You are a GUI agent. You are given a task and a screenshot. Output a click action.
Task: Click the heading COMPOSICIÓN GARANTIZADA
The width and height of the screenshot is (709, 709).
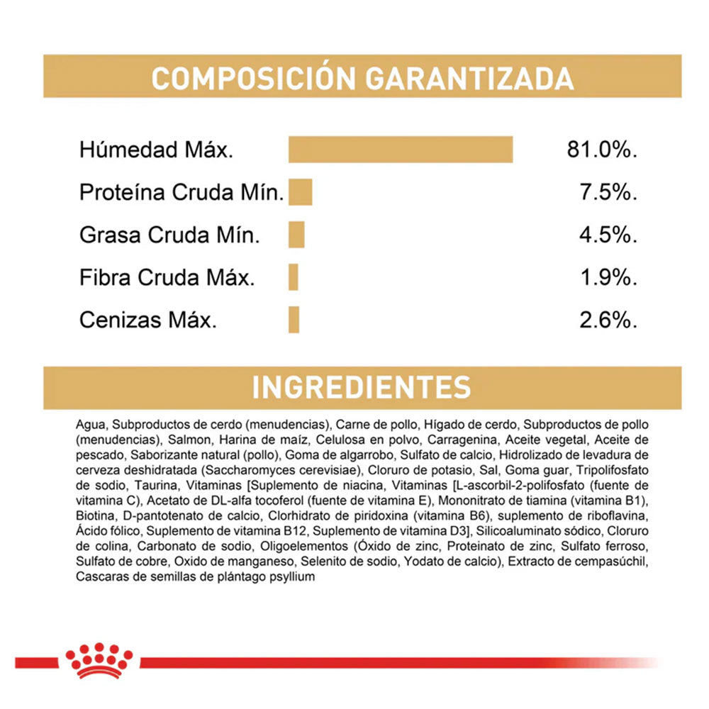(362, 78)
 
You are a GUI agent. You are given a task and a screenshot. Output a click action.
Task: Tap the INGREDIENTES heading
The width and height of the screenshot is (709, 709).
(362, 387)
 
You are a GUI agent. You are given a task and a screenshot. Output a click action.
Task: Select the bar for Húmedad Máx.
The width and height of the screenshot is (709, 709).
(401, 150)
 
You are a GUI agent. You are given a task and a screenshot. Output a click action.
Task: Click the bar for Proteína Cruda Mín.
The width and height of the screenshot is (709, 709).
(300, 192)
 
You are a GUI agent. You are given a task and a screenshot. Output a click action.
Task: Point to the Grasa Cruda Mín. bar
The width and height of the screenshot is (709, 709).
(296, 235)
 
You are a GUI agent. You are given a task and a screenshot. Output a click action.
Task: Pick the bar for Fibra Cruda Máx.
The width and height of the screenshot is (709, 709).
(294, 277)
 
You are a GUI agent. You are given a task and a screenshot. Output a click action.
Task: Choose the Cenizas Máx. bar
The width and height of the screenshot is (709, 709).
(294, 320)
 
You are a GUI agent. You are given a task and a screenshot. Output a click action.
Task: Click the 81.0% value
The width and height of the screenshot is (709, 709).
(602, 150)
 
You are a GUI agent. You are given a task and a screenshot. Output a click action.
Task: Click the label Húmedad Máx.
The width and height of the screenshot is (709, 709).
(156, 150)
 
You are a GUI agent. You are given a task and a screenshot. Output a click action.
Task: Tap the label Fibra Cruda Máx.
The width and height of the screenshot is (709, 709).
(167, 278)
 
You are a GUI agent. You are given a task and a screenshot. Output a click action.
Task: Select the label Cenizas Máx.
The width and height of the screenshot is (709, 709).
(148, 320)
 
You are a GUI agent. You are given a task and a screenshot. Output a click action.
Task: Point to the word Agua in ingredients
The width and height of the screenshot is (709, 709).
(90, 425)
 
